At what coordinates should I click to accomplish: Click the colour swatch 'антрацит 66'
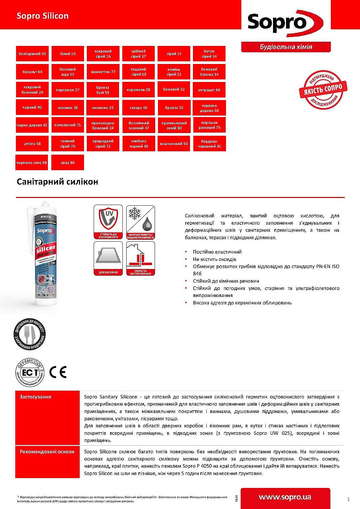tap(209, 90)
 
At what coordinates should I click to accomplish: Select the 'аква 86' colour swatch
tap(68, 162)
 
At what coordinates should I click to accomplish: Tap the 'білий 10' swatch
tap(68, 54)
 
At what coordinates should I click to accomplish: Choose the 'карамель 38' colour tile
tap(138, 90)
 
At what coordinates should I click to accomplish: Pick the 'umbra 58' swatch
tap(32, 144)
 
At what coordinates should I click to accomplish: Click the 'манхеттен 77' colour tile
tap(103, 72)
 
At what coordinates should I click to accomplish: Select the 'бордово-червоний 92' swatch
tap(209, 144)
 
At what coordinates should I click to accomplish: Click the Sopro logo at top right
tap(285, 23)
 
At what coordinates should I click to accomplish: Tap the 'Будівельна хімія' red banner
tap(286, 47)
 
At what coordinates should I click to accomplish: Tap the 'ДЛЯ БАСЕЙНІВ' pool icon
tap(108, 258)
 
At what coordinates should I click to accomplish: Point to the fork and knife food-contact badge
tap(30, 334)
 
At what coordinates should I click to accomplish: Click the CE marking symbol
tap(58, 372)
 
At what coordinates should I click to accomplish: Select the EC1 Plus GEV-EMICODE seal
tap(30, 372)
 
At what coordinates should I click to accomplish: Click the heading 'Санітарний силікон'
tap(57, 182)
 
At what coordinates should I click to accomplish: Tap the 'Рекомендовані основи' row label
tap(47, 452)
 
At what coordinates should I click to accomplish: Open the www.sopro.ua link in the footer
tap(285, 497)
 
